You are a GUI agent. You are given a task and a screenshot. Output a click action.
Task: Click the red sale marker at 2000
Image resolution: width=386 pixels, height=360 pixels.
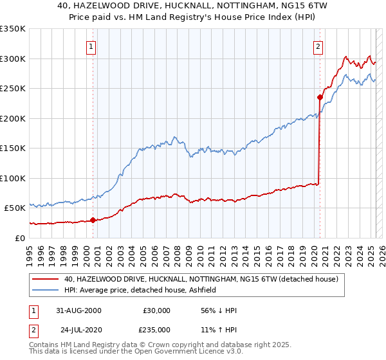(93, 220)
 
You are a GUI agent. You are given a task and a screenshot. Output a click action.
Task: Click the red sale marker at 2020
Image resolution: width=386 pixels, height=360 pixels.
(319, 97)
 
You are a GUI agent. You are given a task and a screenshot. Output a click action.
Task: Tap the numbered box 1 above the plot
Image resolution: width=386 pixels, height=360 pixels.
(91, 46)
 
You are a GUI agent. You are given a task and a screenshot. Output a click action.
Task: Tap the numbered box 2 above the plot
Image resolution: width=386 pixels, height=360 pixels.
(318, 46)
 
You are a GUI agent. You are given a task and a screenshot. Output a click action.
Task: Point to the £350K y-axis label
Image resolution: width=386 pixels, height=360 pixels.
(13, 29)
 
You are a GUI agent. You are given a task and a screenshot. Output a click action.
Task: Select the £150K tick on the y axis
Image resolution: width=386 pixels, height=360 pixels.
(13, 148)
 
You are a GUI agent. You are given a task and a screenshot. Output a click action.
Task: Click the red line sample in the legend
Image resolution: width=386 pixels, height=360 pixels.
(45, 279)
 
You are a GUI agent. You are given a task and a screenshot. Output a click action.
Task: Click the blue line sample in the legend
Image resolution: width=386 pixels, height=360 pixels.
(45, 290)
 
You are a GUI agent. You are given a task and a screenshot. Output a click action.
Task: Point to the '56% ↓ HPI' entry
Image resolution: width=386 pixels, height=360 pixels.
(219, 310)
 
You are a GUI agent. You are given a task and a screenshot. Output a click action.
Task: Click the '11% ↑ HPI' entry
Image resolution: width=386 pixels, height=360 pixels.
(219, 329)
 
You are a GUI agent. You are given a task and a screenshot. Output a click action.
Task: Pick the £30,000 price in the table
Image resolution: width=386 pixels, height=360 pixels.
(156, 310)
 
